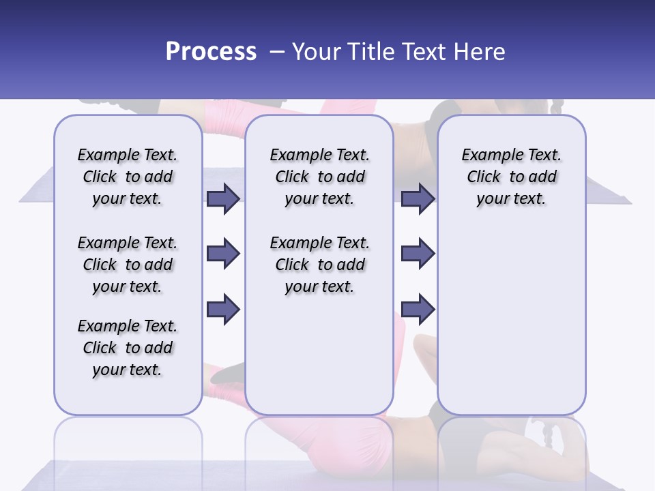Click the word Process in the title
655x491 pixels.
tap(211, 52)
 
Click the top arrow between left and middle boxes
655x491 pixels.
tap(223, 198)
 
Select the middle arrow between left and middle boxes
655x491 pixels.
tap(223, 254)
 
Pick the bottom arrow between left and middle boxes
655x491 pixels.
tap(223, 309)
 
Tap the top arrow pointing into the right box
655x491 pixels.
tap(418, 198)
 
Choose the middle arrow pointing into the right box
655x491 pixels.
tap(418, 254)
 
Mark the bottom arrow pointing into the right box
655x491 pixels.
tap(418, 309)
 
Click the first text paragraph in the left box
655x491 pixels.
tap(128, 177)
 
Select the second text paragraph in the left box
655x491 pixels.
tap(128, 265)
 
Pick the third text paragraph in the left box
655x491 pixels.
tap(128, 348)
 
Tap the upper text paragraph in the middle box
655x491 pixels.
tap(319, 177)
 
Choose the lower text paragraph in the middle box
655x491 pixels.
tap(319, 265)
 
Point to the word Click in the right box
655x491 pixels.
tap(484, 177)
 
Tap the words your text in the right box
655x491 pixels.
tap(511, 199)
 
